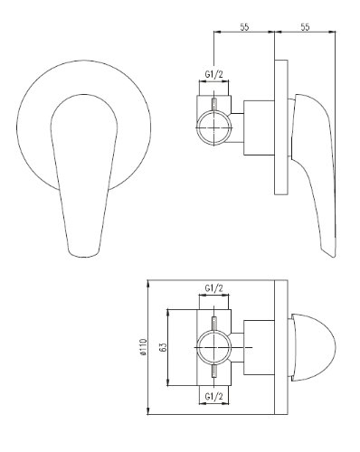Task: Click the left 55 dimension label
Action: pyautogui.click(x=244, y=27)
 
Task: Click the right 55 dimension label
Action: pyautogui.click(x=305, y=27)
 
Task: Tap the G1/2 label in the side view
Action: pyautogui.click(x=213, y=74)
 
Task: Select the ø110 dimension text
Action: pyautogui.click(x=144, y=347)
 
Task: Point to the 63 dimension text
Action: pyautogui.click(x=163, y=347)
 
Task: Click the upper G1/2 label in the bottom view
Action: pyautogui.click(x=213, y=288)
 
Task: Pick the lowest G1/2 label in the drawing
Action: pyautogui.click(x=213, y=396)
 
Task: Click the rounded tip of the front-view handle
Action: pyautogui.click(x=83, y=256)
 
